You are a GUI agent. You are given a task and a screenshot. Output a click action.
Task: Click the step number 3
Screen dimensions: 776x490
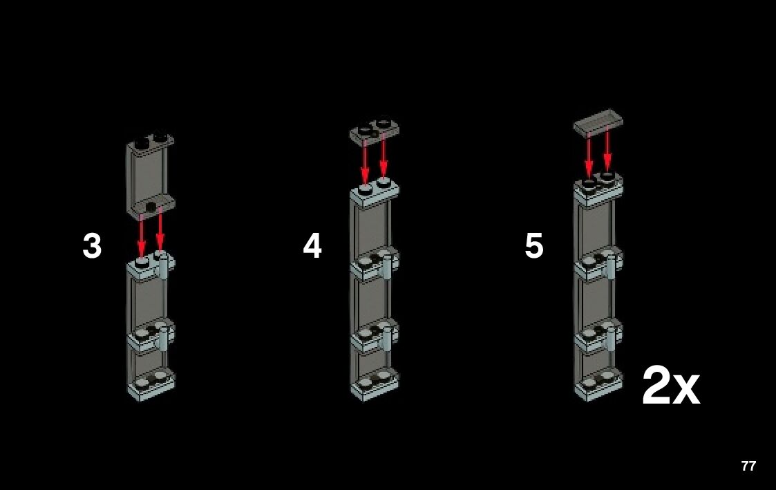[x=92, y=245]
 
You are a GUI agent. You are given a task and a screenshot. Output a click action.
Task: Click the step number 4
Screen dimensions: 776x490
[x=312, y=245]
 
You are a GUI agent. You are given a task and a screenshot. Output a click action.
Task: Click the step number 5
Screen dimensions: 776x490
[x=534, y=245]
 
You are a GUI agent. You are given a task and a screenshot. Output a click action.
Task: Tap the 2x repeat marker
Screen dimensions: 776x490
[x=671, y=386]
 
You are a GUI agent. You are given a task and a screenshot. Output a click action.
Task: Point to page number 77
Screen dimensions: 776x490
[x=749, y=466]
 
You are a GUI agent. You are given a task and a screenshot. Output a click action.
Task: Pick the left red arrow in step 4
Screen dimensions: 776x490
[x=365, y=162]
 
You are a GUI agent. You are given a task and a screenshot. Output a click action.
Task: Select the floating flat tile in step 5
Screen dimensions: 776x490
[x=598, y=122]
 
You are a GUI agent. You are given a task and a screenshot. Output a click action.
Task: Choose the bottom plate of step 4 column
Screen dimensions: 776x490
[x=375, y=384]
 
